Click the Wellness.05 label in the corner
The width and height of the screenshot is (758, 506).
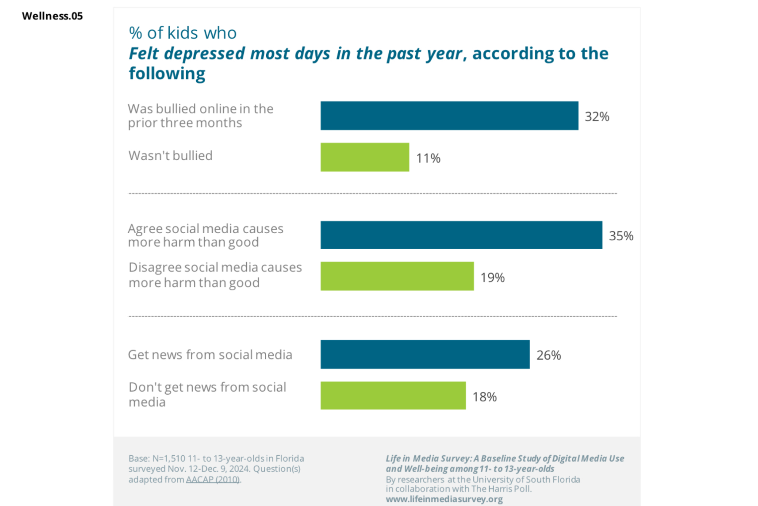point(52,16)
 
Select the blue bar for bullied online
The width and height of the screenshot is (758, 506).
point(449,116)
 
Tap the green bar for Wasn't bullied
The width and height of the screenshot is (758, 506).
point(365,157)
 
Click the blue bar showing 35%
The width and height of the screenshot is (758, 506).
point(461,235)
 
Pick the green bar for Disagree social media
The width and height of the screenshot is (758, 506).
point(397,276)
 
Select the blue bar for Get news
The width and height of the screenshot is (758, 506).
point(425,354)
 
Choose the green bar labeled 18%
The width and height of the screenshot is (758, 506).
point(393,396)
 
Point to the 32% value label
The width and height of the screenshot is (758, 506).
point(597,116)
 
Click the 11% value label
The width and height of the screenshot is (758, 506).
point(428,158)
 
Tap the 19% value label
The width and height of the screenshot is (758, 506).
point(492,277)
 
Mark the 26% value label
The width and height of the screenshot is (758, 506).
point(548,355)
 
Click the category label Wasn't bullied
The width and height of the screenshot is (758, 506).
point(171,156)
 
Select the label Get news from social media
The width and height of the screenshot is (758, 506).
point(210,355)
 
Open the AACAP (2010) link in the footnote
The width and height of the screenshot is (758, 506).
point(213,479)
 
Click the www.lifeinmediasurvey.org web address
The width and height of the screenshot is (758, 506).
point(444,499)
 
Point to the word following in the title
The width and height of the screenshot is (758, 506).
point(167,73)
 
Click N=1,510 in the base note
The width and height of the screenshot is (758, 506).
point(168,458)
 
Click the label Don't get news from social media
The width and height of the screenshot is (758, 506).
point(207,394)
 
